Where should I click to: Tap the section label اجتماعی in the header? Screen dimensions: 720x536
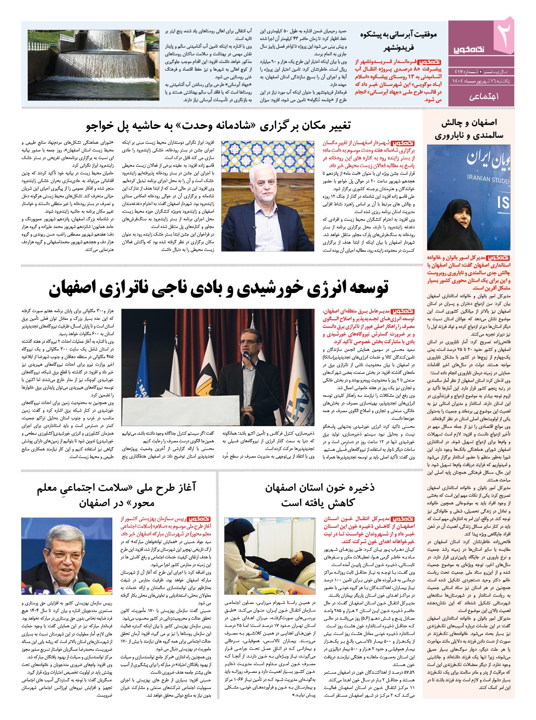coord(484,97)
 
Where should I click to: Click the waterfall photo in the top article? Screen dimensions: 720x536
coord(94,65)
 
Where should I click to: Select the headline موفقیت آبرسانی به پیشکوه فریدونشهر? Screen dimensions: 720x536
coord(398,41)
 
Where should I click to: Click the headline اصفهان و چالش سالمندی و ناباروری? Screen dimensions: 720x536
coord(469,129)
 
